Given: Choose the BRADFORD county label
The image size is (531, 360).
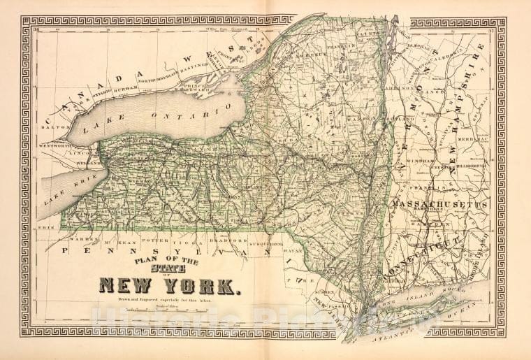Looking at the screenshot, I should click(231, 240).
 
